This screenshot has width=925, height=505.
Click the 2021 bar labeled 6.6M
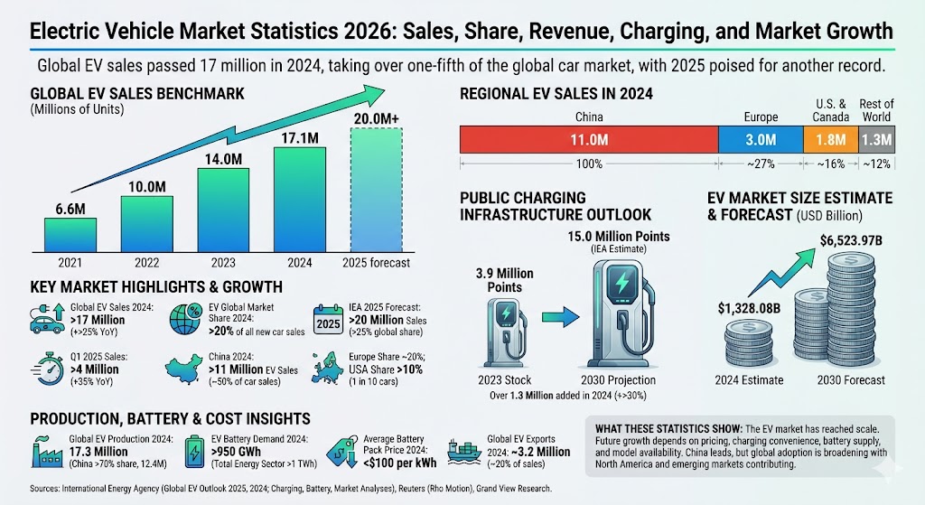[70, 233]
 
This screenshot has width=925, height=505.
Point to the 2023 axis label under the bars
[224, 263]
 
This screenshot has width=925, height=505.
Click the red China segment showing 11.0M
[589, 140]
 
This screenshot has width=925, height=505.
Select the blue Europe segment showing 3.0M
[761, 140]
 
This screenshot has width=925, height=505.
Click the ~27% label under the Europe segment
[761, 164]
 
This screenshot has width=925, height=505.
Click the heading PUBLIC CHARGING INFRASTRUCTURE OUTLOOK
[555, 206]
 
